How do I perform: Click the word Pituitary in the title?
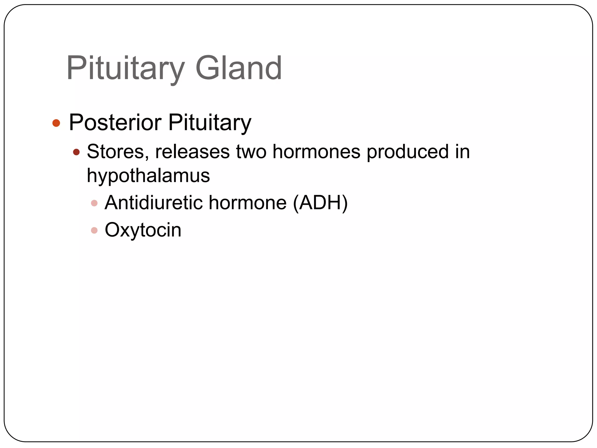pyautogui.click(x=125, y=69)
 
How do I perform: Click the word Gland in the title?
pyautogui.click(x=238, y=69)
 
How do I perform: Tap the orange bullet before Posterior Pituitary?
pyautogui.click(x=56, y=123)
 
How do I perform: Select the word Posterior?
pyautogui.click(x=115, y=123)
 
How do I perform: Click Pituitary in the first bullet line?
pyautogui.click(x=210, y=123)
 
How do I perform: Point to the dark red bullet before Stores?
pyautogui.click(x=76, y=152)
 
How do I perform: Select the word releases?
pyautogui.click(x=192, y=152)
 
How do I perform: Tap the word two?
pyautogui.click(x=251, y=152)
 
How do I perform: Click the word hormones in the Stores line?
pyautogui.click(x=316, y=152)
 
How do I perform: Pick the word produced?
pyautogui.click(x=408, y=152)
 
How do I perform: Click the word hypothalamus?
pyautogui.click(x=148, y=176)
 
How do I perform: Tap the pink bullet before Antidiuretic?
pyautogui.click(x=94, y=203)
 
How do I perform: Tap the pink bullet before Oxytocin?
pyautogui.click(x=94, y=230)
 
